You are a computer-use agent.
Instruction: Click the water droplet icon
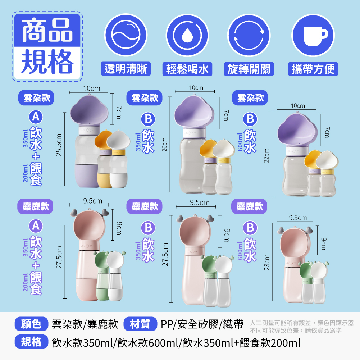[x=187, y=35]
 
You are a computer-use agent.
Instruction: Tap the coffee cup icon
[x=313, y=35]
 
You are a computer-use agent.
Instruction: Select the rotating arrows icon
[x=249, y=35]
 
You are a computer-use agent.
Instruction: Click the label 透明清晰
[x=126, y=69]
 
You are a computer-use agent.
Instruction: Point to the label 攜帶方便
[x=313, y=69]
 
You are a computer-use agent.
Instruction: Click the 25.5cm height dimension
[x=59, y=145]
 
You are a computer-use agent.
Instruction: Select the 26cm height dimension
[x=164, y=145]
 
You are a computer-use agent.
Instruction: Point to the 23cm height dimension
[x=266, y=263]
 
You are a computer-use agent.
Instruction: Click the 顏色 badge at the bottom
[x=31, y=324]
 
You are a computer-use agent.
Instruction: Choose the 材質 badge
[x=140, y=324]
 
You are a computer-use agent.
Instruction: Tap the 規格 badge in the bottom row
[x=31, y=342]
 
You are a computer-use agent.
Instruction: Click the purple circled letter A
[x=36, y=226]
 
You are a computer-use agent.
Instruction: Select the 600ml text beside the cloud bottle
[x=240, y=142]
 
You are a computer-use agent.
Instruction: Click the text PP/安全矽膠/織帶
[x=202, y=324]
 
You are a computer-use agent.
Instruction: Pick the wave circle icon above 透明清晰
[x=126, y=35]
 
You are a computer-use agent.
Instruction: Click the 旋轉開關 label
[x=249, y=69]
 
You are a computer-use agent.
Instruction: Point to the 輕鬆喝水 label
[x=187, y=69]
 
